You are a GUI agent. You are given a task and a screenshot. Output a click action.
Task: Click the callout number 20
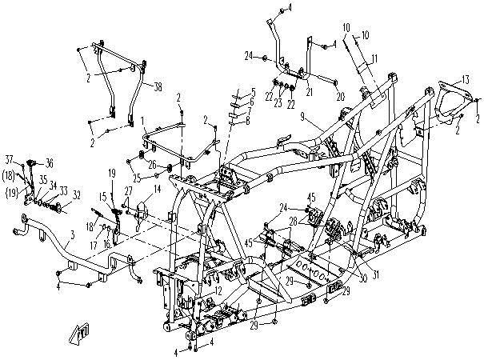[x=339, y=97]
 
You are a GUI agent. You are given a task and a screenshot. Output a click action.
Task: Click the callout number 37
[x=10, y=158]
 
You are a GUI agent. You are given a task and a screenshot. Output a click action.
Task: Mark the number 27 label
[x=127, y=190]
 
